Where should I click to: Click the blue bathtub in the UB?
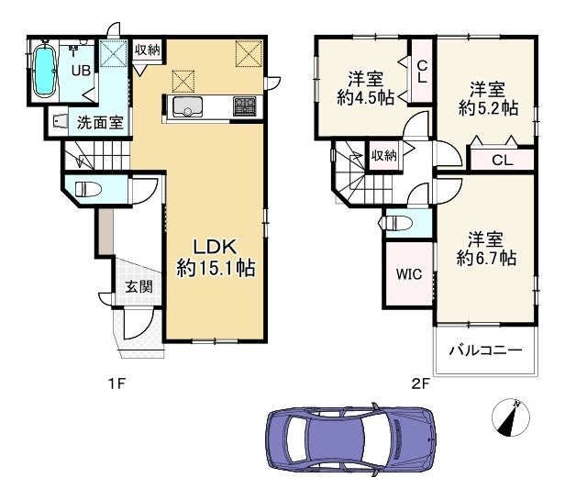pyautogui.click(x=45, y=70)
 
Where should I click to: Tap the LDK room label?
pyautogui.click(x=216, y=248)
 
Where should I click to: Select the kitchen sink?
pyautogui.click(x=187, y=106)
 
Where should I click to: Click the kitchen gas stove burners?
pyautogui.click(x=245, y=106)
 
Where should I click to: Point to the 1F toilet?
pyautogui.click(x=88, y=189)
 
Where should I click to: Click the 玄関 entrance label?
pyautogui.click(x=138, y=287)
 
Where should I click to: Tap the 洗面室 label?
pyautogui.click(x=100, y=123)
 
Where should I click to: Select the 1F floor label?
pyautogui.click(x=116, y=383)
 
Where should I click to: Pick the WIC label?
pyautogui.click(x=409, y=274)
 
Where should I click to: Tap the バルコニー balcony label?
pyautogui.click(x=485, y=350)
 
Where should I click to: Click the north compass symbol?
pyautogui.click(x=511, y=417)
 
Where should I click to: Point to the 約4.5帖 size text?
pyautogui.click(x=366, y=97)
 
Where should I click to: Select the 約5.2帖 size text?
pyautogui.click(x=488, y=107)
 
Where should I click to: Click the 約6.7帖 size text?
pyautogui.click(x=486, y=258)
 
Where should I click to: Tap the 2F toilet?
pyautogui.click(x=395, y=223)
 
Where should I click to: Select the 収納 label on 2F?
pyautogui.click(x=384, y=156)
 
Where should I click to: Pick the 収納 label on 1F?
pyautogui.click(x=147, y=50)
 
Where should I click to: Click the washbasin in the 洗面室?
pyautogui.click(x=60, y=121)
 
